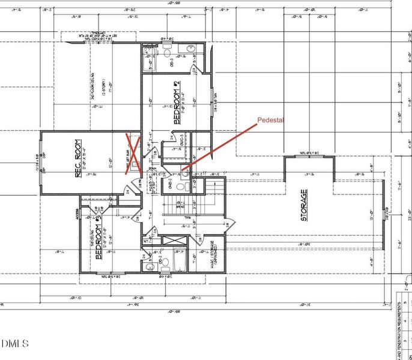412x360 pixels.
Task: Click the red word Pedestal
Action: point(270,120)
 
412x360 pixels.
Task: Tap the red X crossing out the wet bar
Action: point(133,155)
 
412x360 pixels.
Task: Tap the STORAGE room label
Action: point(304,206)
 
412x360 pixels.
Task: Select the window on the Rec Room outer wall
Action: point(41,163)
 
